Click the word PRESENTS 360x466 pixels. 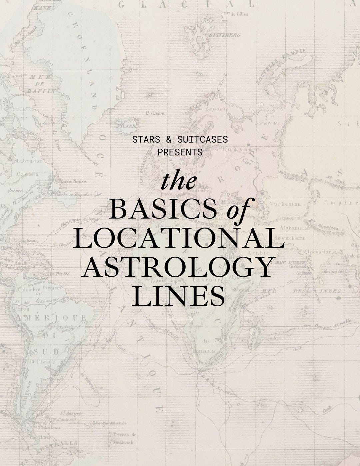pyautogui.click(x=180, y=152)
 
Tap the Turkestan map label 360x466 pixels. pyautogui.click(x=285, y=204)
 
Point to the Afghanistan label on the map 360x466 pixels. pyautogui.click(x=295, y=228)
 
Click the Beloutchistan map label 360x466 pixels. pyautogui.click(x=290, y=238)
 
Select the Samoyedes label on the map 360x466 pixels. pyautogui.click(x=267, y=123)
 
